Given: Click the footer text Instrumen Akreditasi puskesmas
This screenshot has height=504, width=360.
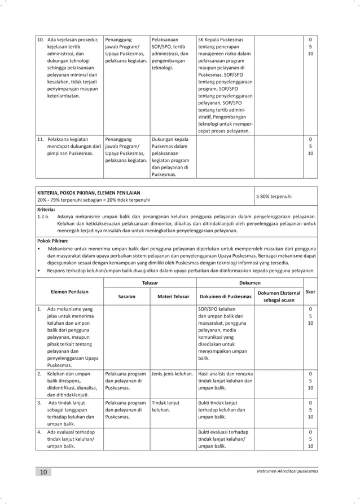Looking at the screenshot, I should pyautogui.click(x=287, y=471).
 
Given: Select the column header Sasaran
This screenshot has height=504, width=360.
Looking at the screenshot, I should pyautogui.click(x=126, y=296).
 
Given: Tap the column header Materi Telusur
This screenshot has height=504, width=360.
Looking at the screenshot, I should pyautogui.click(x=173, y=296).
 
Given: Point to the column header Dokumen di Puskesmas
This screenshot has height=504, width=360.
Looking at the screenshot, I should pyautogui.click(x=225, y=296).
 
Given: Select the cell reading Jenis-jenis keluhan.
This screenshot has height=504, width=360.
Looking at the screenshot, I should pyautogui.click(x=172, y=373).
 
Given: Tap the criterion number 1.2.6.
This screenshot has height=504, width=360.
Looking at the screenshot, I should pyautogui.click(x=43, y=215).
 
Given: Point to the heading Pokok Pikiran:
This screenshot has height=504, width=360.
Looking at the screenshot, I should pyautogui.click(x=54, y=239).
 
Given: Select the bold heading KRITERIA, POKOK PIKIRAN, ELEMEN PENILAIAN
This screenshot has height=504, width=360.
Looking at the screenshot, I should pyautogui.click(x=89, y=192).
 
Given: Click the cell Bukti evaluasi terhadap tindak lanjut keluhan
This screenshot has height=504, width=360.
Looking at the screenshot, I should pyautogui.click(x=225, y=439).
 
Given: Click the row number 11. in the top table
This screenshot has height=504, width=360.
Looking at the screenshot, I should pyautogui.click(x=41, y=139).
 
